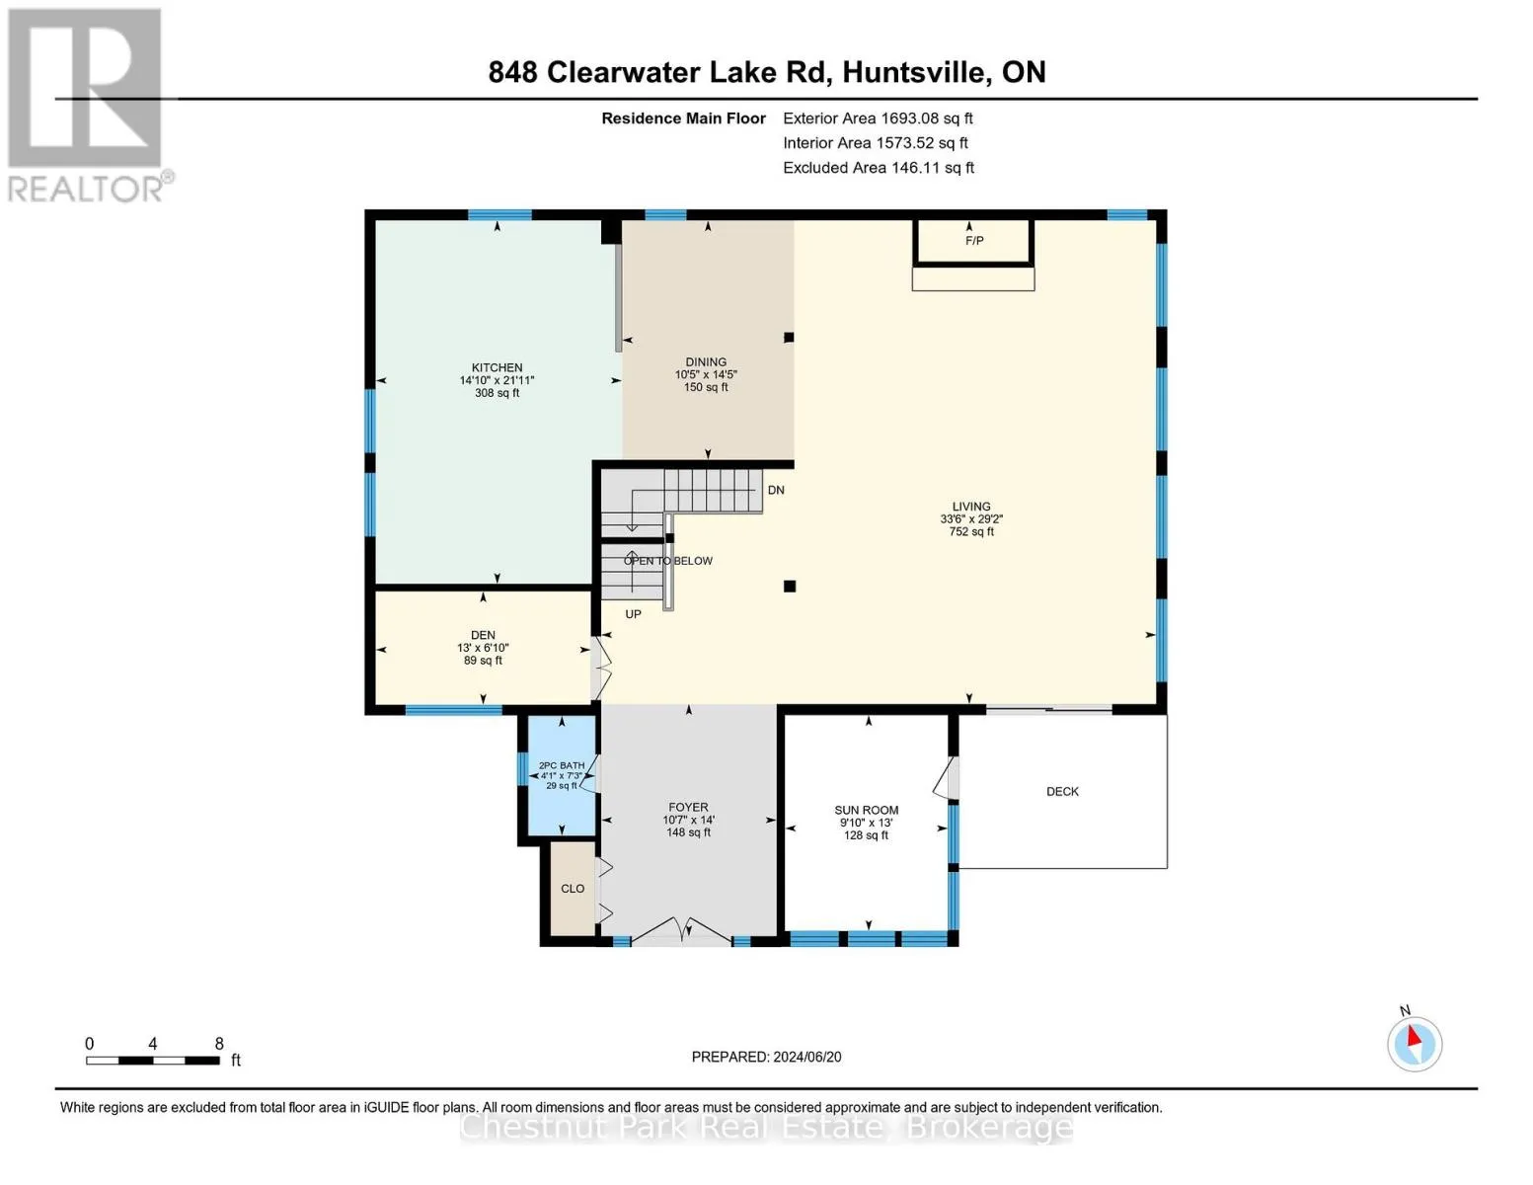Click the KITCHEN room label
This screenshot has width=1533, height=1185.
click(497, 367)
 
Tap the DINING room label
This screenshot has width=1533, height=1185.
click(706, 361)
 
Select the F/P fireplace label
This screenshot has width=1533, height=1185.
click(974, 241)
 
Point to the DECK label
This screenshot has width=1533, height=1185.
click(1062, 791)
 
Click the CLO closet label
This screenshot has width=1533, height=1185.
click(573, 888)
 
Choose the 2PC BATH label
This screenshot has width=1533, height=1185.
click(562, 765)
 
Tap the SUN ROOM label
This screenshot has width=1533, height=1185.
click(866, 810)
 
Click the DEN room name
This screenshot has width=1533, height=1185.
click(483, 635)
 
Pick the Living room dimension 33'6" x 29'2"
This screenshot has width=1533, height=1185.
click(970, 518)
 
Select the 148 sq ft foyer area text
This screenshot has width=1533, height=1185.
click(688, 832)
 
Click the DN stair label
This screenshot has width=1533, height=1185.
click(775, 490)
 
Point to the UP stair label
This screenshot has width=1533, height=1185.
click(633, 614)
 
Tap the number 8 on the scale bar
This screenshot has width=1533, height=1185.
click(219, 1043)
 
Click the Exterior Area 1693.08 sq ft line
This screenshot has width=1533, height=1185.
click(878, 118)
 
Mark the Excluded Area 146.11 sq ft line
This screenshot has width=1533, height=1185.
click(879, 168)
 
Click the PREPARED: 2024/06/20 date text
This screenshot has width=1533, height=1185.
click(766, 1057)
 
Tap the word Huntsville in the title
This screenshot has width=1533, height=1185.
click(914, 72)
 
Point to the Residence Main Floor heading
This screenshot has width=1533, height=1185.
click(683, 118)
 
